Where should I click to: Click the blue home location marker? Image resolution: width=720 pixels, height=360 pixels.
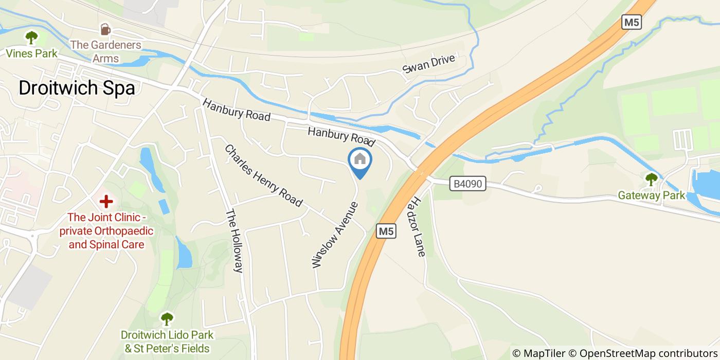point(360,160)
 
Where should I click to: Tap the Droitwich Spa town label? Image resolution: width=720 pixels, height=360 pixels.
point(77,88)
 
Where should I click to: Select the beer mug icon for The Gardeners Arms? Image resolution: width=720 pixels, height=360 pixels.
point(105,29)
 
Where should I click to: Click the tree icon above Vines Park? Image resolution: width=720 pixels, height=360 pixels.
point(32,38)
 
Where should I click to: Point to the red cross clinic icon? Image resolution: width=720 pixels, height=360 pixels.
point(106,201)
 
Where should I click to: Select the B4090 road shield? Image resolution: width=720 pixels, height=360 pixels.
point(467,184)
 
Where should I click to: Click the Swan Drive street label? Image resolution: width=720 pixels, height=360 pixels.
point(429,64)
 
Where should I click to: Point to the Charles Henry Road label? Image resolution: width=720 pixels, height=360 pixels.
point(263,175)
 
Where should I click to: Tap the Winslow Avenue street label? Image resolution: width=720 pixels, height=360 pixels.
point(334,235)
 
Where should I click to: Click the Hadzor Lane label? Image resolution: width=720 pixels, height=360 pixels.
point(418,226)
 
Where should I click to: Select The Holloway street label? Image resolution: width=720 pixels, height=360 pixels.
point(234,241)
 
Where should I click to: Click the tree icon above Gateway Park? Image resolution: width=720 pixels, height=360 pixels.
point(651,179)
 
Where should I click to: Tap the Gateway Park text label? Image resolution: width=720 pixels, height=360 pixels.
point(652,195)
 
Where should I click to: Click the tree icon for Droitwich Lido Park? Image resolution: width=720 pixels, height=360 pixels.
point(167,319)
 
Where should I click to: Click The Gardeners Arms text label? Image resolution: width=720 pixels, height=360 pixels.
point(106,51)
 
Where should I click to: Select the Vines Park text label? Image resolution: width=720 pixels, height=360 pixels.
point(32,53)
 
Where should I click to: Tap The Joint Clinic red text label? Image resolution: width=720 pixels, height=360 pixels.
point(106,231)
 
